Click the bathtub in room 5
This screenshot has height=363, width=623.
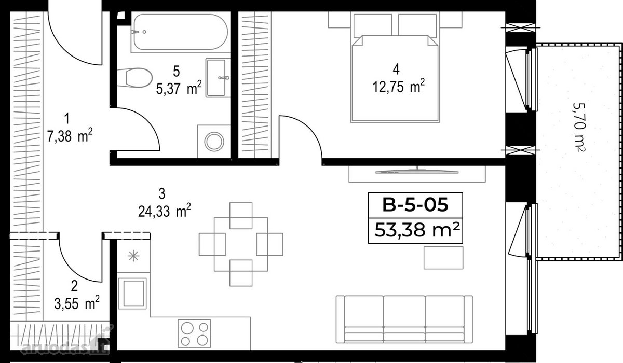tap(180, 32)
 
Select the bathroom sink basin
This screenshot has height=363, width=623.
tap(216, 78)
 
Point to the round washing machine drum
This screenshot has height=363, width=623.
tap(214, 142)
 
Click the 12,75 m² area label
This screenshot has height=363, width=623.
tap(399, 87)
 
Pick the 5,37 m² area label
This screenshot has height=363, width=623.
tap(179, 89)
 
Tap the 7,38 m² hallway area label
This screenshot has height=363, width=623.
tap(70, 136)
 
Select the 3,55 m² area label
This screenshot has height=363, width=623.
tap(77, 303)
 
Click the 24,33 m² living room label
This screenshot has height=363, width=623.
tap(165, 211)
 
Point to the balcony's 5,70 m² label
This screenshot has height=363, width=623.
tap(579, 127)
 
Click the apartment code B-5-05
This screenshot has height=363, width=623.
tap(415, 205)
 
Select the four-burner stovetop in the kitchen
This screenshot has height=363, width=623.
tap(194, 333)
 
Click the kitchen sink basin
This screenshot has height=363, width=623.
tap(132, 294)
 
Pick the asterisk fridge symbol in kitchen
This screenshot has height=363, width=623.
tap(133, 256)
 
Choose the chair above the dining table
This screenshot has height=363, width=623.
tap(241, 216)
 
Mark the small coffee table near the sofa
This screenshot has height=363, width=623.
tap(443, 257)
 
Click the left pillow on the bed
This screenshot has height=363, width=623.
tap(373, 26)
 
